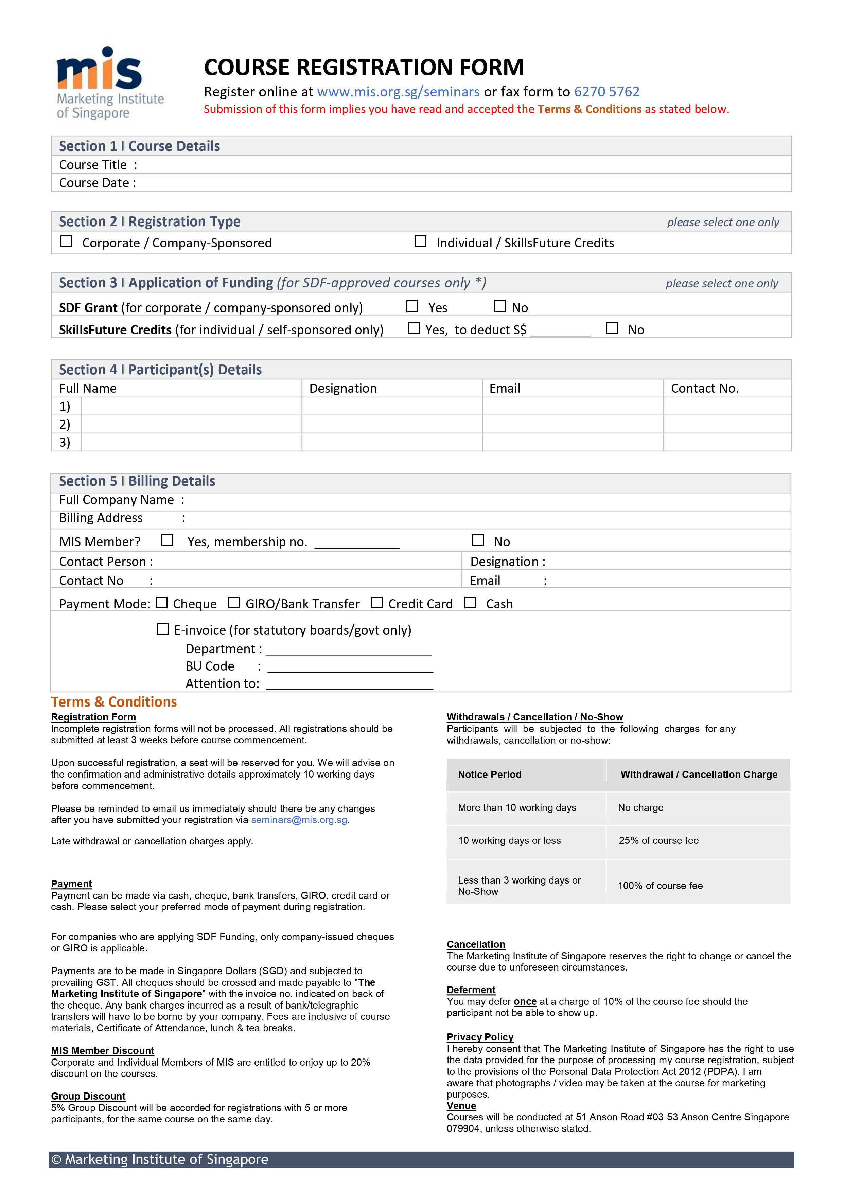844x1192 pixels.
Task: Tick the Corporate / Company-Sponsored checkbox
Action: [x=67, y=242]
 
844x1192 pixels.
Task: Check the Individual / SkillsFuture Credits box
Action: [x=420, y=242]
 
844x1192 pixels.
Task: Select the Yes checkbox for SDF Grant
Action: [x=412, y=306]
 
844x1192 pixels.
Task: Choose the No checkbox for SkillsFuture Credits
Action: [x=612, y=328]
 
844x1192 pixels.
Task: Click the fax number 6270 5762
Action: [x=606, y=92]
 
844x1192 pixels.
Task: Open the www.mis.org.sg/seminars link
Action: [x=398, y=92]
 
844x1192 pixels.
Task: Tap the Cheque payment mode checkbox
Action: [x=162, y=603]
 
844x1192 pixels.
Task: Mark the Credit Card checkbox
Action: [x=377, y=603]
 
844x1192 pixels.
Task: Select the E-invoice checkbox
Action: [x=163, y=629]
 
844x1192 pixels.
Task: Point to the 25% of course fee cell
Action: [x=658, y=840]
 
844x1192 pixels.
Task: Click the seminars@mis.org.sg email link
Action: [x=299, y=820]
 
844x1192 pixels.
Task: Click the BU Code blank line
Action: [x=350, y=667]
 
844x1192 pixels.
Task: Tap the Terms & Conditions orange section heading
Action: [x=114, y=702]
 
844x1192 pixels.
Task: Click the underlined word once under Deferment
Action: [x=525, y=1001]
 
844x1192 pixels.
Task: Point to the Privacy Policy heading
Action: [x=480, y=1037]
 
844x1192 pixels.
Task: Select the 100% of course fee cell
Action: [x=660, y=886]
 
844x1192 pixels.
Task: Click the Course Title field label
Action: [x=93, y=165]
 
